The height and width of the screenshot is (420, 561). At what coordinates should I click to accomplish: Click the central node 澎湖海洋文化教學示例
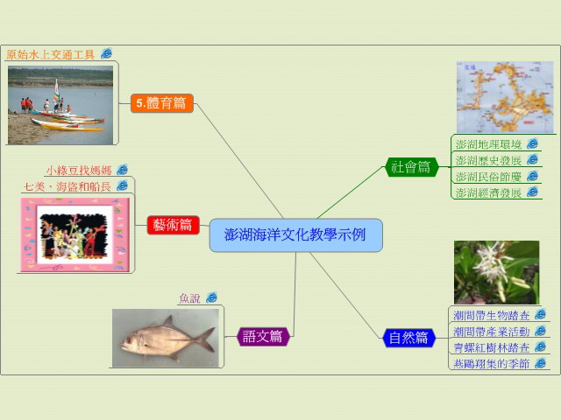pos(296,235)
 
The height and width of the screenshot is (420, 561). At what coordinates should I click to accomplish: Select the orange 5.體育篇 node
pos(161,103)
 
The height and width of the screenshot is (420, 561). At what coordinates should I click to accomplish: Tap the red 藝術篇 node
pos(174,225)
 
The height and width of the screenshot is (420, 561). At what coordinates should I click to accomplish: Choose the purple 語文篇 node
pos(263,336)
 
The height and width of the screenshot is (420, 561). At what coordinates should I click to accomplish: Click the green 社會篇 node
pos(411,167)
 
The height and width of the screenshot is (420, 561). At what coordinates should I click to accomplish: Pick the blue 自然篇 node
pos(409,338)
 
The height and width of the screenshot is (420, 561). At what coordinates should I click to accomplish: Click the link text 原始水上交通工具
pos(51,54)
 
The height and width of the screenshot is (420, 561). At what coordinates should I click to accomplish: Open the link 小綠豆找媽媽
pos(79,171)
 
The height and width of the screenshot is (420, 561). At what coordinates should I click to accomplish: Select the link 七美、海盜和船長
pos(67,186)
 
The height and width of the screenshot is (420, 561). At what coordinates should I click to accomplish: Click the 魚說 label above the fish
pos(189,298)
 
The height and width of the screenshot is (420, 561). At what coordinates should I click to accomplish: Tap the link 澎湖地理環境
pos(489,144)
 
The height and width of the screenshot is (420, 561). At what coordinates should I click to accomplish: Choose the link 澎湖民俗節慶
pos(489,177)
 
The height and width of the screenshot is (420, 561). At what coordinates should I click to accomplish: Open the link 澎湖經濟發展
pos(489,192)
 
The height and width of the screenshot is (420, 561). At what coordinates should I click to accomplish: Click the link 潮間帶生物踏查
pos(492,315)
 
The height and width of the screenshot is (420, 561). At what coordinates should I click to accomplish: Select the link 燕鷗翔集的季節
pos(492,364)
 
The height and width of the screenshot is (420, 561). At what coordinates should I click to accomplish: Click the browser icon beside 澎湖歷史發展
pos(533,159)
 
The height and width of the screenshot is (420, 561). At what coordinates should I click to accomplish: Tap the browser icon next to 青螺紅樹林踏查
pos(540,346)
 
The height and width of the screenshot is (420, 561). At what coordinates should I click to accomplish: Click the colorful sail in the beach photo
pos(56,92)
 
